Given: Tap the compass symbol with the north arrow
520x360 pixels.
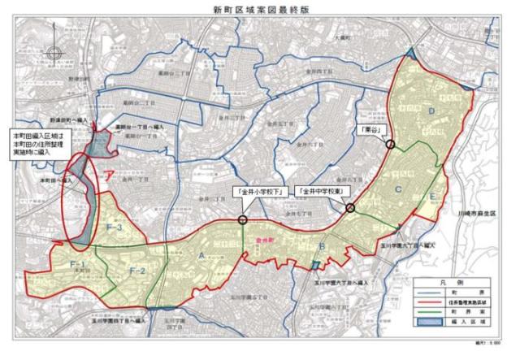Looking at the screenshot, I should [x=54, y=55].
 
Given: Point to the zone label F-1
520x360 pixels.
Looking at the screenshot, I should [x=78, y=266].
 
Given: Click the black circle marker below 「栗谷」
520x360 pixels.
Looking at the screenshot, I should [x=391, y=145].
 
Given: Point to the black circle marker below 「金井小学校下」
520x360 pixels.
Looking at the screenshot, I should [x=242, y=219].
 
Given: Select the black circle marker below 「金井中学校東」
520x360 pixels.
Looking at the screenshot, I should [x=351, y=209].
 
